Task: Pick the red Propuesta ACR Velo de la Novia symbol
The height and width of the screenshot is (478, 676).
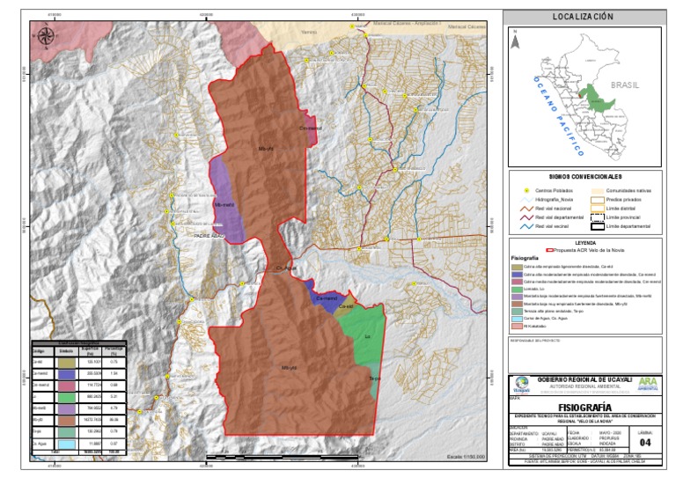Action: pyautogui.click(x=549, y=250)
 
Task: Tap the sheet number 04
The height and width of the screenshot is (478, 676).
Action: pyautogui.click(x=645, y=442)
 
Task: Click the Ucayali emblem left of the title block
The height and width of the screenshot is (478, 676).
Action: pyautogui.click(x=522, y=385)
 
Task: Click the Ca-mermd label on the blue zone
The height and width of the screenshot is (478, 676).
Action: pyautogui.click(x=326, y=300)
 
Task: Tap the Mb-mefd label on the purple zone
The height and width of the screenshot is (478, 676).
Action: pyautogui.click(x=224, y=205)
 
